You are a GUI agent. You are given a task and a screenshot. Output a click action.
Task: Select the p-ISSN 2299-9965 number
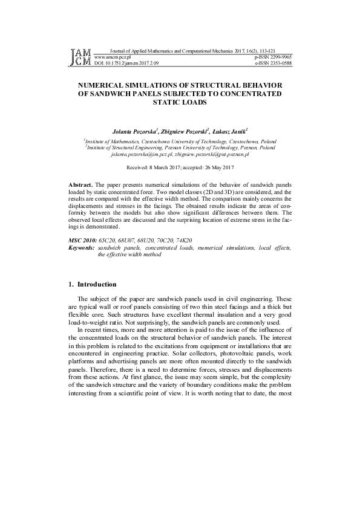pos(273,57)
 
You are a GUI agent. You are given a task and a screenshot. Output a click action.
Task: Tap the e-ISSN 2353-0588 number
pos(273,62)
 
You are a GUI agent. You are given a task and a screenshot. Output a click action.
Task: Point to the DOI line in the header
pos(127,62)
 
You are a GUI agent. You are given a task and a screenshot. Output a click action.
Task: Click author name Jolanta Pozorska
pos(133,130)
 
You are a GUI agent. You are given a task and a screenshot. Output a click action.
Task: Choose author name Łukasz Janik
pos(231,130)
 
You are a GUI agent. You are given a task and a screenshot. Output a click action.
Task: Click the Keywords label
pos(82,248)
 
